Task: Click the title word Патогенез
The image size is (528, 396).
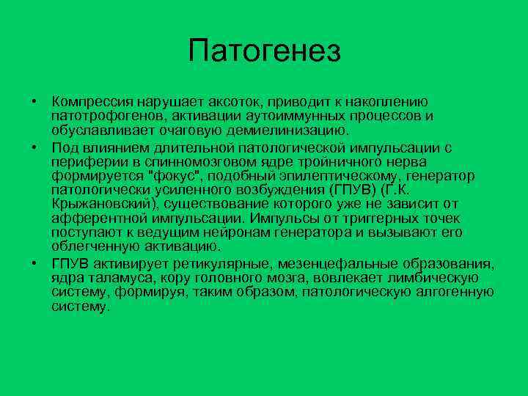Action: click(x=264, y=51)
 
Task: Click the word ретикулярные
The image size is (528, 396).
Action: click(x=226, y=263)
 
